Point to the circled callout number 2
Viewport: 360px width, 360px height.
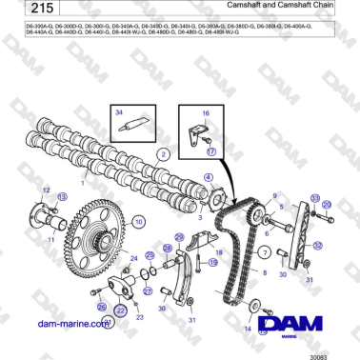coord(164,152)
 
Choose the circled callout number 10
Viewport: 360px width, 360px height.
coord(138,222)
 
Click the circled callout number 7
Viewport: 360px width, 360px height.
coord(267,251)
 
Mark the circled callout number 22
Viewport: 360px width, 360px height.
coord(121,310)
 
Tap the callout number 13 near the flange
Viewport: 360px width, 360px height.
coord(63,196)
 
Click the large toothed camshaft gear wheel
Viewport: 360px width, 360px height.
coord(91,230)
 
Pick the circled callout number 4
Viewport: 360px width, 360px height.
coord(208,178)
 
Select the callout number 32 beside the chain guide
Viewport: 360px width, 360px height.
coord(317,245)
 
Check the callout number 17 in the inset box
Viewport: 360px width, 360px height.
coord(211,150)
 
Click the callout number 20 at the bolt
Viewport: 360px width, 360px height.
coord(329,204)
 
